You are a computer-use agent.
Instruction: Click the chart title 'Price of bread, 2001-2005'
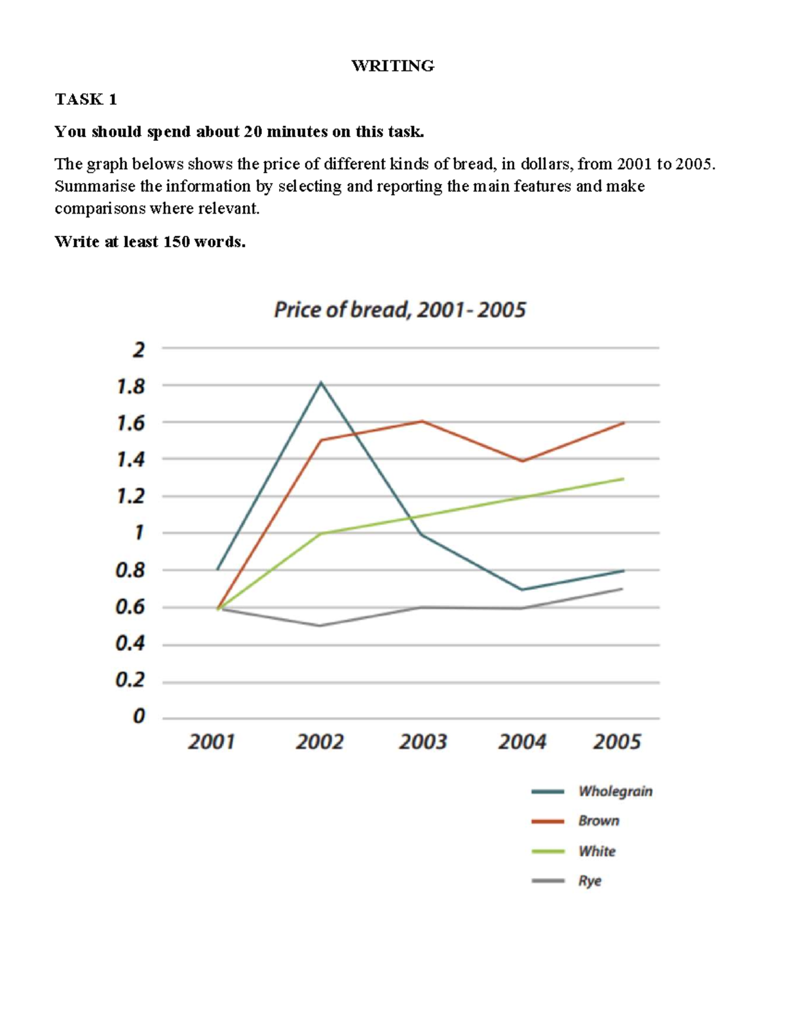[400, 309]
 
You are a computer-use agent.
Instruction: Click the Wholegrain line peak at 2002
[321, 382]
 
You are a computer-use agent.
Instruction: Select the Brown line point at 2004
[522, 461]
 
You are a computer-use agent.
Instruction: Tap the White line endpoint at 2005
[623, 479]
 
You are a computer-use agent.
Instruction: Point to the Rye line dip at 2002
[320, 625]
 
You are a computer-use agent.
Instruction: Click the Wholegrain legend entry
[614, 791]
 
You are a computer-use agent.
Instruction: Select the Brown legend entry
[598, 821]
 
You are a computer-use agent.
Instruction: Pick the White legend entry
[596, 851]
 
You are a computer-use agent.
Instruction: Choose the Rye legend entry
[589, 881]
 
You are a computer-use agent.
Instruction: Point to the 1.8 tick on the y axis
[130, 387]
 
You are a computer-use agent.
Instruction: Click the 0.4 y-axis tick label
[130, 644]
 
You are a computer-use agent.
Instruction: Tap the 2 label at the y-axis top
[138, 349]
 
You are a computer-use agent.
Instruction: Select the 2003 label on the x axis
[423, 742]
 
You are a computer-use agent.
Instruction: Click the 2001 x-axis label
[211, 742]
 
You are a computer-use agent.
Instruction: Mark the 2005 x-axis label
[617, 742]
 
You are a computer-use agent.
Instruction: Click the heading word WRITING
[392, 66]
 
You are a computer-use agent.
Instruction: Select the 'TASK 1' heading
[86, 99]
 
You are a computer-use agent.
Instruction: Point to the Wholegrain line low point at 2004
[522, 589]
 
